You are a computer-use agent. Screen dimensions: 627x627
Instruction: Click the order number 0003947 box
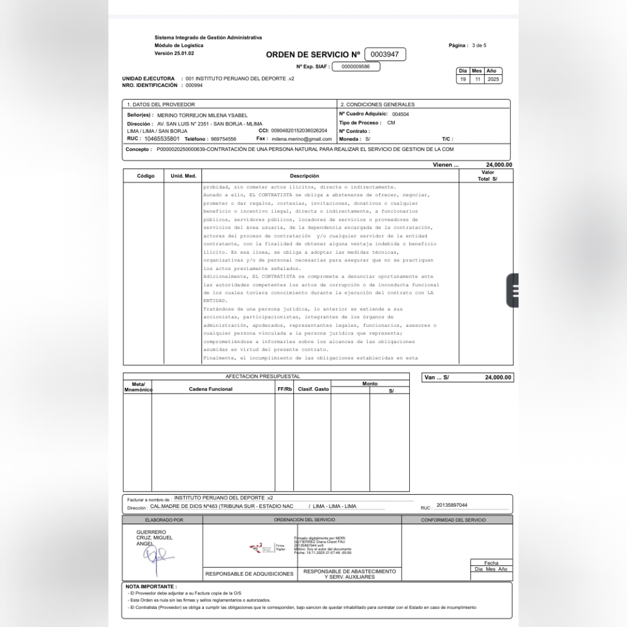[385, 55]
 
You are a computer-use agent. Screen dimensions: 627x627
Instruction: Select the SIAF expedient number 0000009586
[356, 67]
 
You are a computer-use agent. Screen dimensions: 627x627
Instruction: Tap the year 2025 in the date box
[493, 79]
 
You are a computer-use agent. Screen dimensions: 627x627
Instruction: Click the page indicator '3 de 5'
[479, 45]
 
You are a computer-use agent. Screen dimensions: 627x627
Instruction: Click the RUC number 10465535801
[162, 139]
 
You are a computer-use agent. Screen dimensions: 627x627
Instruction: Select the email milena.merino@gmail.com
[301, 139]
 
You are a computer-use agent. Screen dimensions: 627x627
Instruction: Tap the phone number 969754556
[224, 139]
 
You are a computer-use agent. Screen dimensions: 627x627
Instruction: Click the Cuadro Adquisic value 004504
[400, 114]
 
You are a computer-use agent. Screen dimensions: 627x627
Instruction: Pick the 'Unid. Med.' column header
[183, 175]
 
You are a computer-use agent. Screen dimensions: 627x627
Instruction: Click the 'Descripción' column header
[304, 176]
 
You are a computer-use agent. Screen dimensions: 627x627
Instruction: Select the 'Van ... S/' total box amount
[498, 377]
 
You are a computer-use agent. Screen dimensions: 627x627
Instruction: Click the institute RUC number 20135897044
[452, 505]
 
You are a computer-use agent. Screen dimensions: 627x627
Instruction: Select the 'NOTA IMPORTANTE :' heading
[151, 587]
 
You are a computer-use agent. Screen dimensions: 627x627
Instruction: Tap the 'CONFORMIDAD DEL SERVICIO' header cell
[453, 520]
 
